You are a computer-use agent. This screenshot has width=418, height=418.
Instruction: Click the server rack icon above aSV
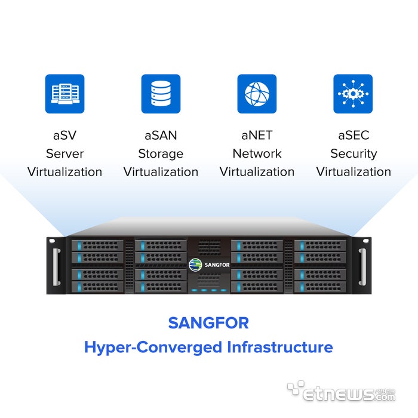click(64, 94)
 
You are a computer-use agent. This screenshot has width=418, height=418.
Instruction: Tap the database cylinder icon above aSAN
click(161, 94)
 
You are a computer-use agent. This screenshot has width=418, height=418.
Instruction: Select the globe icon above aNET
click(257, 94)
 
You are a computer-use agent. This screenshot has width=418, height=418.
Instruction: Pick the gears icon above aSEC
click(353, 94)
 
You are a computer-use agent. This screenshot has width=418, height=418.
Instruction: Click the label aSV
click(64, 135)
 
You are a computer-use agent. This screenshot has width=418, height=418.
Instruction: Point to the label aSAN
click(161, 135)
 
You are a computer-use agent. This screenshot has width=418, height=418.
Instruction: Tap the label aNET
click(257, 135)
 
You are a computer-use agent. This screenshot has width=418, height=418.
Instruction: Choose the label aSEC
click(354, 135)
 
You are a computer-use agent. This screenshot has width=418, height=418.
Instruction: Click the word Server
click(64, 153)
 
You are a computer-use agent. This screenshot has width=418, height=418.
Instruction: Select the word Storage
click(161, 154)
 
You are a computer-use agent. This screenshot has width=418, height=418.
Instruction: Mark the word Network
click(257, 153)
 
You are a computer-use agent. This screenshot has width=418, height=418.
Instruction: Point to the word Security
click(354, 154)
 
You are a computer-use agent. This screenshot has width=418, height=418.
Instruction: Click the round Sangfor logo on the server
click(195, 265)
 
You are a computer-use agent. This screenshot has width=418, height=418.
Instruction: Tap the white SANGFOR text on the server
click(217, 265)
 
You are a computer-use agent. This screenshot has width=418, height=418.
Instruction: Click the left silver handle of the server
click(57, 267)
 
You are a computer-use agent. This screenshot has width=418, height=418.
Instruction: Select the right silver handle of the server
click(362, 267)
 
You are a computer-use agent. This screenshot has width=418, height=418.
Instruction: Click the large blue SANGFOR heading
click(208, 323)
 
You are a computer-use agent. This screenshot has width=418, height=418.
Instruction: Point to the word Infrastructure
click(280, 347)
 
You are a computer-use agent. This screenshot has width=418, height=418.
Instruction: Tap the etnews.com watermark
click(341, 391)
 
